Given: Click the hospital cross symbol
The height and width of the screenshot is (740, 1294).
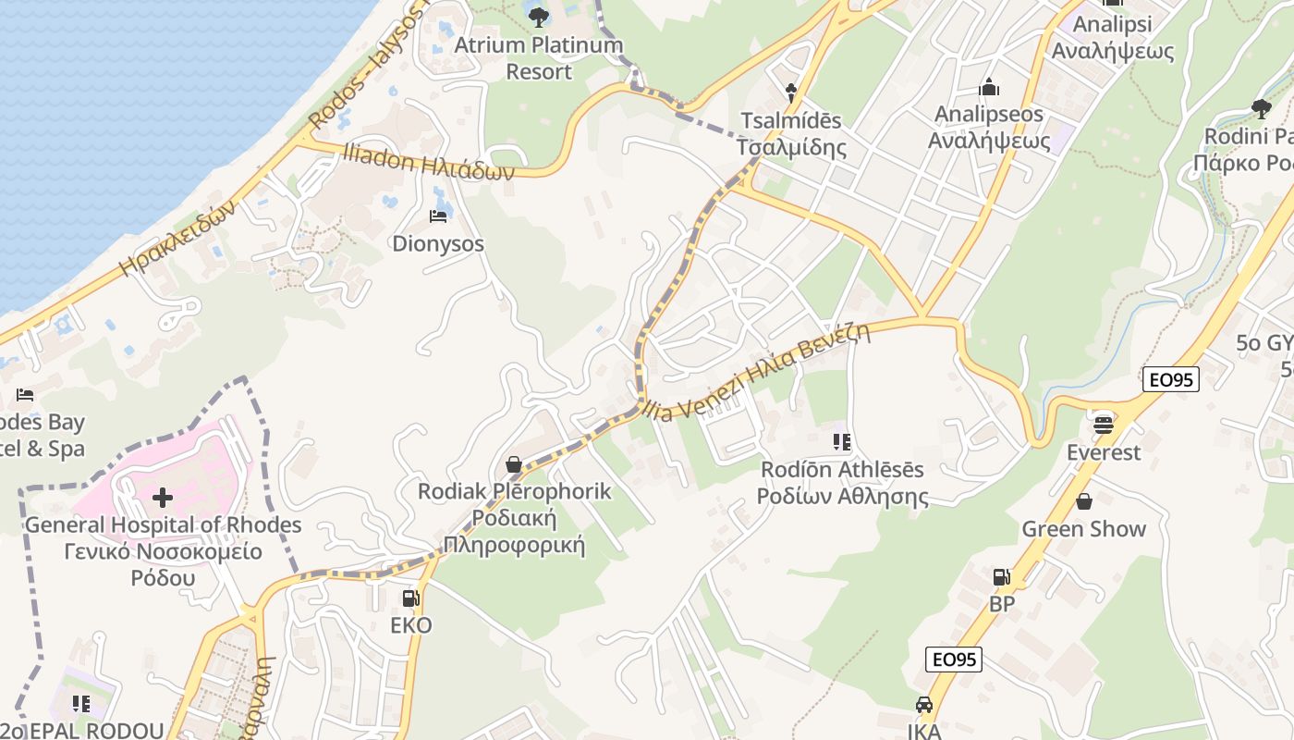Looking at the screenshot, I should tap(163, 498).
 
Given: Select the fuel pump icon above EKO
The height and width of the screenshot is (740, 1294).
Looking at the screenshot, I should tap(410, 598).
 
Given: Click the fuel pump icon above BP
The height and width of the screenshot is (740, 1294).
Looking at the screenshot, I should tap(1001, 577).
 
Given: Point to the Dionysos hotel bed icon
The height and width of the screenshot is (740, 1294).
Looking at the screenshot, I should tap(438, 216).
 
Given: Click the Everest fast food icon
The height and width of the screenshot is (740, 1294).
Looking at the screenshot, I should tap(1103, 425).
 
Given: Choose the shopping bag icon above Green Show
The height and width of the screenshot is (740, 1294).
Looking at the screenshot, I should tap(1083, 501).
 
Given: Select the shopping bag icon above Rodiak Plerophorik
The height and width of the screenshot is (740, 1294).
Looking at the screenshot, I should tap(513, 463).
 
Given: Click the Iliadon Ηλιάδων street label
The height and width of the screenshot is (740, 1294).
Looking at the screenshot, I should tap(428, 164).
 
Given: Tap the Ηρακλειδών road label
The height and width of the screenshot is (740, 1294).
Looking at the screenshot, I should tap(178, 238).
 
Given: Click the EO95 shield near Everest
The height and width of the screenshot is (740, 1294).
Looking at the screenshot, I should tap(1170, 378).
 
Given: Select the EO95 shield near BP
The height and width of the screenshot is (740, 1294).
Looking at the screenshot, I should tap(953, 660).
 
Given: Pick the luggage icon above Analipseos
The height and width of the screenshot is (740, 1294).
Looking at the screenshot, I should tap(989, 88).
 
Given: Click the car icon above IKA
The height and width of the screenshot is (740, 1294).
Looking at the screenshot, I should tap(923, 706).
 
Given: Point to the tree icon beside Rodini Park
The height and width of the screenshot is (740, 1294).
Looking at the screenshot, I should tap(1261, 109).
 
